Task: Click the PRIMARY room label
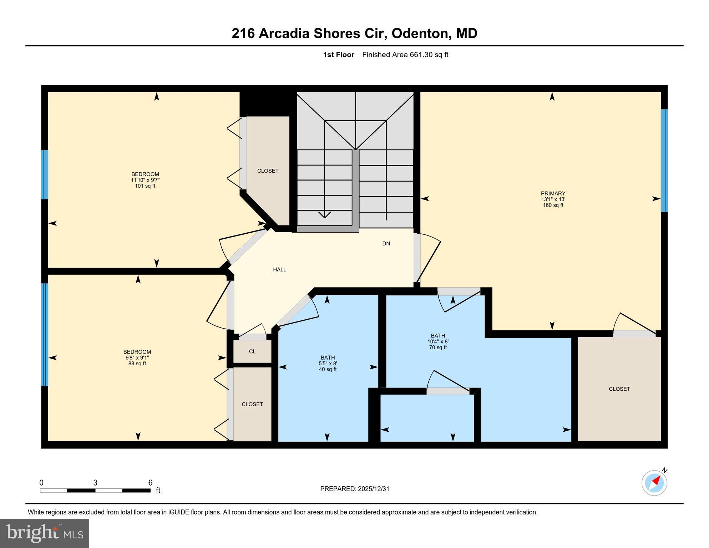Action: pyautogui.click(x=553, y=193)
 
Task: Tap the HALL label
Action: pyautogui.click(x=279, y=269)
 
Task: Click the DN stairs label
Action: pyautogui.click(x=386, y=243)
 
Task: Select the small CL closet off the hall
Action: pyautogui.click(x=252, y=351)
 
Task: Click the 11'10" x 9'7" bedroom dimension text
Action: pyautogui.click(x=145, y=180)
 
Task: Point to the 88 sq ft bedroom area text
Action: pyautogui.click(x=137, y=364)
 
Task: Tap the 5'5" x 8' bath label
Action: pyautogui.click(x=328, y=364)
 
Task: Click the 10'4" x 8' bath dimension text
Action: pyautogui.click(x=438, y=341)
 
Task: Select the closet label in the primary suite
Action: pyautogui.click(x=619, y=389)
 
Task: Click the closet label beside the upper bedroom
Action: pyautogui.click(x=268, y=171)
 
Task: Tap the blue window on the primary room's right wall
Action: pyautogui.click(x=664, y=161)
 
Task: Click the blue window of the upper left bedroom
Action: pyautogui.click(x=45, y=174)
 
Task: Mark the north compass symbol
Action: pyautogui.click(x=654, y=483)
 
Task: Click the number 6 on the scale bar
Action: pyautogui.click(x=150, y=483)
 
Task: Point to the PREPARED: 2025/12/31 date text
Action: pyautogui.click(x=354, y=489)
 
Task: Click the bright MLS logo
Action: pyautogui.click(x=45, y=533)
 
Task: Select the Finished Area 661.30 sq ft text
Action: pyautogui.click(x=405, y=55)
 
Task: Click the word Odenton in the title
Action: pyautogui.click(x=419, y=34)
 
